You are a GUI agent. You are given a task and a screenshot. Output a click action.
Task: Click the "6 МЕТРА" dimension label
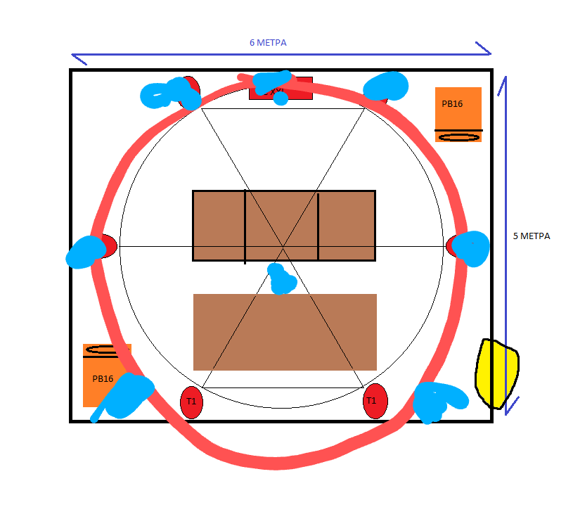(x=268, y=43)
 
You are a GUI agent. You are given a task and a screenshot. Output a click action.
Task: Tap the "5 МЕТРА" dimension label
(x=532, y=236)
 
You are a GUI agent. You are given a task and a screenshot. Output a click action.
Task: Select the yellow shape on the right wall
(x=497, y=373)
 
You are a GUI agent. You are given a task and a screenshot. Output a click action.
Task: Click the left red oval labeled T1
(x=191, y=402)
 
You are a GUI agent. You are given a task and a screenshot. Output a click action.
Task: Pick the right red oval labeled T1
(x=375, y=401)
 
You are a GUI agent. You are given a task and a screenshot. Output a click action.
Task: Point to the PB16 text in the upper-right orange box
(x=452, y=104)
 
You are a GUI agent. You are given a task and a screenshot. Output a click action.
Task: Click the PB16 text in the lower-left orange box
(x=103, y=378)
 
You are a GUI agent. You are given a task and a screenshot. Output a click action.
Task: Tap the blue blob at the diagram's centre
(x=282, y=279)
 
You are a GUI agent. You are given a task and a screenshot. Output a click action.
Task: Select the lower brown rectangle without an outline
(x=285, y=332)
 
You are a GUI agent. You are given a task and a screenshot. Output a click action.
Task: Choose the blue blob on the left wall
(x=86, y=251)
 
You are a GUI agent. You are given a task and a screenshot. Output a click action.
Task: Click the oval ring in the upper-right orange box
(x=458, y=136)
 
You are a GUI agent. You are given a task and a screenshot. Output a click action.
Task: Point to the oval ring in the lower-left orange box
(x=105, y=350)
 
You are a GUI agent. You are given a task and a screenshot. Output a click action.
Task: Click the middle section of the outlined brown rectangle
(x=281, y=225)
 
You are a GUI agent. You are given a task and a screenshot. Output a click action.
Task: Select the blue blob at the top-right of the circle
(x=386, y=86)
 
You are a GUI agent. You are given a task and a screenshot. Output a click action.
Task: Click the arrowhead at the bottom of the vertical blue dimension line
(x=511, y=404)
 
